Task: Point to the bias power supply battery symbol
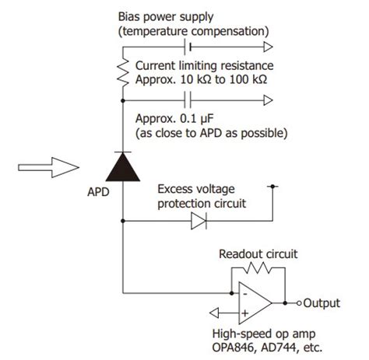tap(188, 47)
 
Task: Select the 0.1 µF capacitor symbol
tap(187, 99)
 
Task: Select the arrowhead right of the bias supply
tap(269, 47)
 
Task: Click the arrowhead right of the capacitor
tap(269, 99)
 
